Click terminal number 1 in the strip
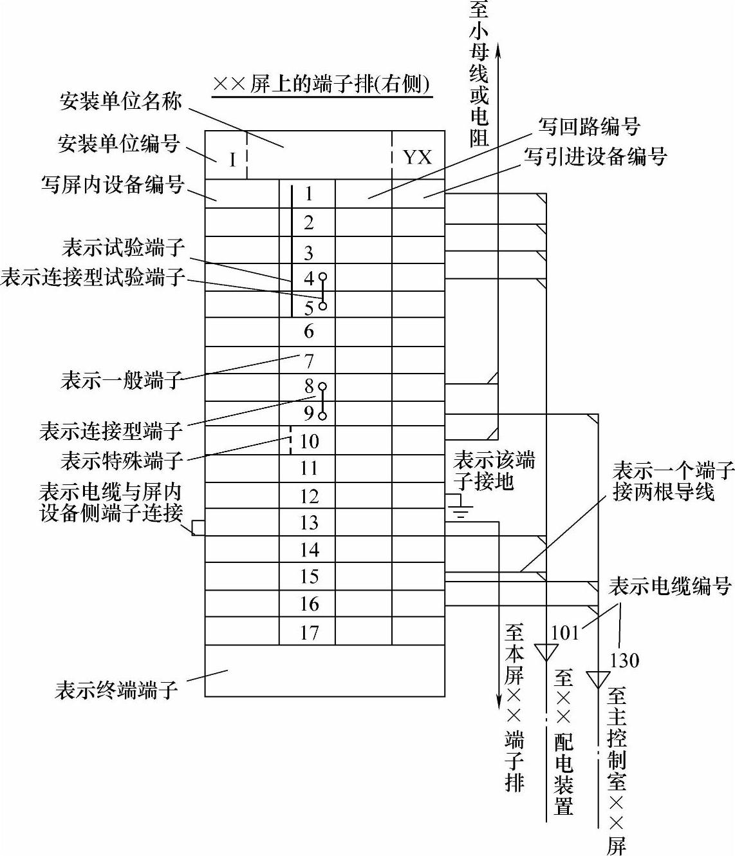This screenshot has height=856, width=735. tap(309, 193)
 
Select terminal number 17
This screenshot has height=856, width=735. tap(309, 632)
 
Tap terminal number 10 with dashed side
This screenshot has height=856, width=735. tap(309, 441)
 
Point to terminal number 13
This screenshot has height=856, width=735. tap(309, 522)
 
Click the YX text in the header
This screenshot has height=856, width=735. tap(417, 157)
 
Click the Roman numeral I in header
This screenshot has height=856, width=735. tap(232, 159)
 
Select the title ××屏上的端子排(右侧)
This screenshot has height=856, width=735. tap(322, 84)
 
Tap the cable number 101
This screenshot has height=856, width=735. tap(565, 633)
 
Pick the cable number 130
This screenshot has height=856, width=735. tap(624, 660)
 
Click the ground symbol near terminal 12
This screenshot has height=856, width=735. tap(460, 506)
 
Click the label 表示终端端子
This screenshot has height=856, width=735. tap(116, 690)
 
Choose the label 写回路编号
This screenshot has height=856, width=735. tap(589, 126)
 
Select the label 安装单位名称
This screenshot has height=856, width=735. tap(120, 101)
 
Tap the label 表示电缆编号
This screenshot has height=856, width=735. tap(670, 586)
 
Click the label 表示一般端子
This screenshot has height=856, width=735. tap(122, 379)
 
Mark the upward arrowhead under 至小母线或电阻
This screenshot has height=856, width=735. tap(498, 52)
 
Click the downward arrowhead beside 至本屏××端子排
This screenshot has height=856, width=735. tap(499, 701)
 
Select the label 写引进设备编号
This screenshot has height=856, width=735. tap(595, 157)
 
